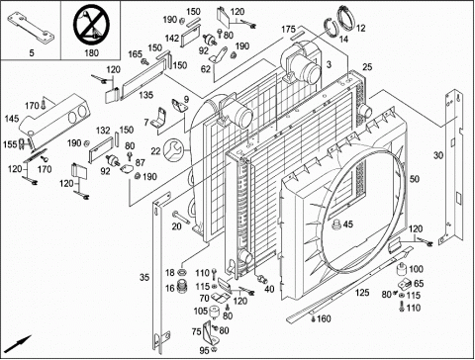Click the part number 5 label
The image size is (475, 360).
pos(32,52)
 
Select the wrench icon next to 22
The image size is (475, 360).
pos(173,150)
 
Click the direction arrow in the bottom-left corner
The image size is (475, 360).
pos(19,343)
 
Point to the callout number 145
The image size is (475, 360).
pos(12,119)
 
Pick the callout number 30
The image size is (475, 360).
pos(438,155)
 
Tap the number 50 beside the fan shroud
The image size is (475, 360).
pos(415,179)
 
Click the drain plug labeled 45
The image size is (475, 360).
pos(336,225)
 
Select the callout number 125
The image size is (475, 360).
pos(362,293)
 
